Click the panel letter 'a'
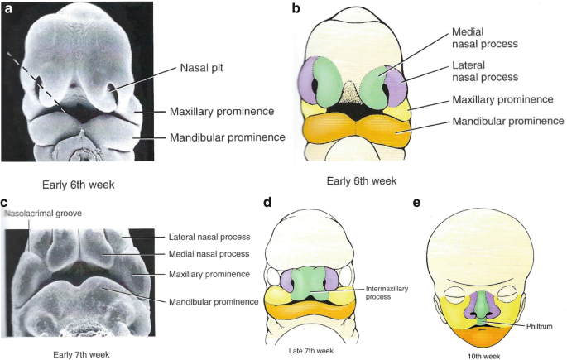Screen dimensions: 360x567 (x=10, y=10)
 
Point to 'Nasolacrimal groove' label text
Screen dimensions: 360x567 (x=44, y=214)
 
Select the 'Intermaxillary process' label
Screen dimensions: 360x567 (x=385, y=293)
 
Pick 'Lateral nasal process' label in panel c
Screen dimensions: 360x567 (x=211, y=238)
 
